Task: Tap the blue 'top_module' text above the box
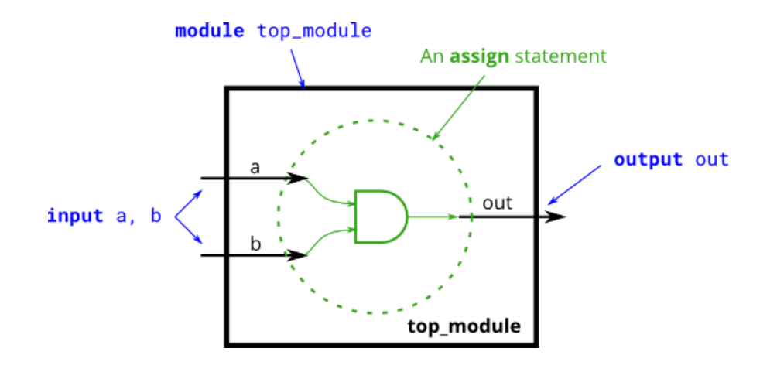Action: [x=314, y=32]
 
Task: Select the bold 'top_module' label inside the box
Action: [x=464, y=326]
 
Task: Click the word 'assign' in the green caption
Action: [x=477, y=56]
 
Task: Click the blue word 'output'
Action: [x=649, y=160]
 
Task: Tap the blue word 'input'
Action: [x=75, y=216]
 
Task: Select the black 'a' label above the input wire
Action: [x=255, y=167]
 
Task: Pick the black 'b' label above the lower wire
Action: [x=255, y=244]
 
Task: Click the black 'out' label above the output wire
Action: [x=498, y=203]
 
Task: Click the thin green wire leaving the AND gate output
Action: [x=433, y=217]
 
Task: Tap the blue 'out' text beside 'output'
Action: [x=712, y=160]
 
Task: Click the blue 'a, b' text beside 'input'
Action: [x=139, y=216]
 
